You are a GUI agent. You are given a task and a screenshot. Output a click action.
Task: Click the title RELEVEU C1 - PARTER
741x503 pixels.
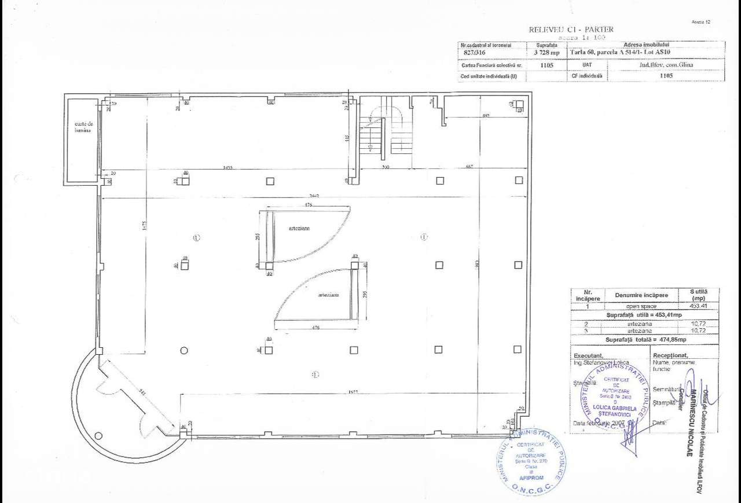(571, 30)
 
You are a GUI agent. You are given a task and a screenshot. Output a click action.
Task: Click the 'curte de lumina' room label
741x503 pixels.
(82, 127)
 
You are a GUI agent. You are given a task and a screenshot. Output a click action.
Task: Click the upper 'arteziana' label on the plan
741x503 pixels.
(299, 229)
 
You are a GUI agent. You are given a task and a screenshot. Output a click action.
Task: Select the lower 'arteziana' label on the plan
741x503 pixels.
(328, 295)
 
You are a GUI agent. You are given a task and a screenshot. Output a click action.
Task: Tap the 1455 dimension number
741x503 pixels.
(227, 168)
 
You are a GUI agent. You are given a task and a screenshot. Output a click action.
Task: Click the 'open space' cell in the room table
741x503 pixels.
(641, 306)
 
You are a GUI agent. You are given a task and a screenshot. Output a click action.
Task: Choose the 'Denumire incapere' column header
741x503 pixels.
(641, 295)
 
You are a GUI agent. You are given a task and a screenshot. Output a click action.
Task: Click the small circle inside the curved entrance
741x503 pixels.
(98, 436)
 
